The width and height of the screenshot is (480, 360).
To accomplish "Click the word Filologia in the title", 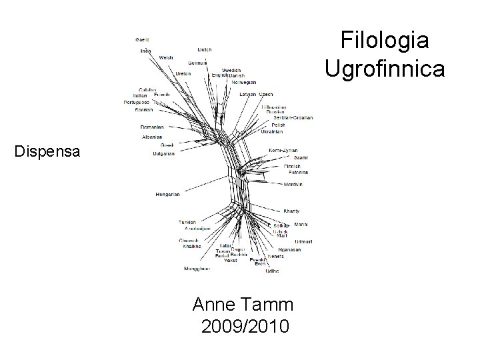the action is tap(385, 41).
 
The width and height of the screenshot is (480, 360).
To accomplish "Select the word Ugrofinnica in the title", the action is tap(385, 67).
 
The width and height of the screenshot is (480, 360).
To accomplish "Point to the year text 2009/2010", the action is tap(245, 327).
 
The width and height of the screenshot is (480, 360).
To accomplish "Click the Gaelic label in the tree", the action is tap(142, 39).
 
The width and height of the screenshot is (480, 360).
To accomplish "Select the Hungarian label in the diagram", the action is tap(167, 194).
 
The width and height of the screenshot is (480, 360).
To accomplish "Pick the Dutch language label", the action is tap(205, 49).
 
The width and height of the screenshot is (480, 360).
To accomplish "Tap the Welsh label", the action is tap(166, 58).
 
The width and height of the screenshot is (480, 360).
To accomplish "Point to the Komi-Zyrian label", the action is tap(283, 150).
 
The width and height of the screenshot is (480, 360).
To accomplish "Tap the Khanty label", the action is tap(291, 211).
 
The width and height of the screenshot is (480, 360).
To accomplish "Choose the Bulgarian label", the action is tap(163, 153).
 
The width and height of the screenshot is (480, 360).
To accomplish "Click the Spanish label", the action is tap(143, 109).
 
